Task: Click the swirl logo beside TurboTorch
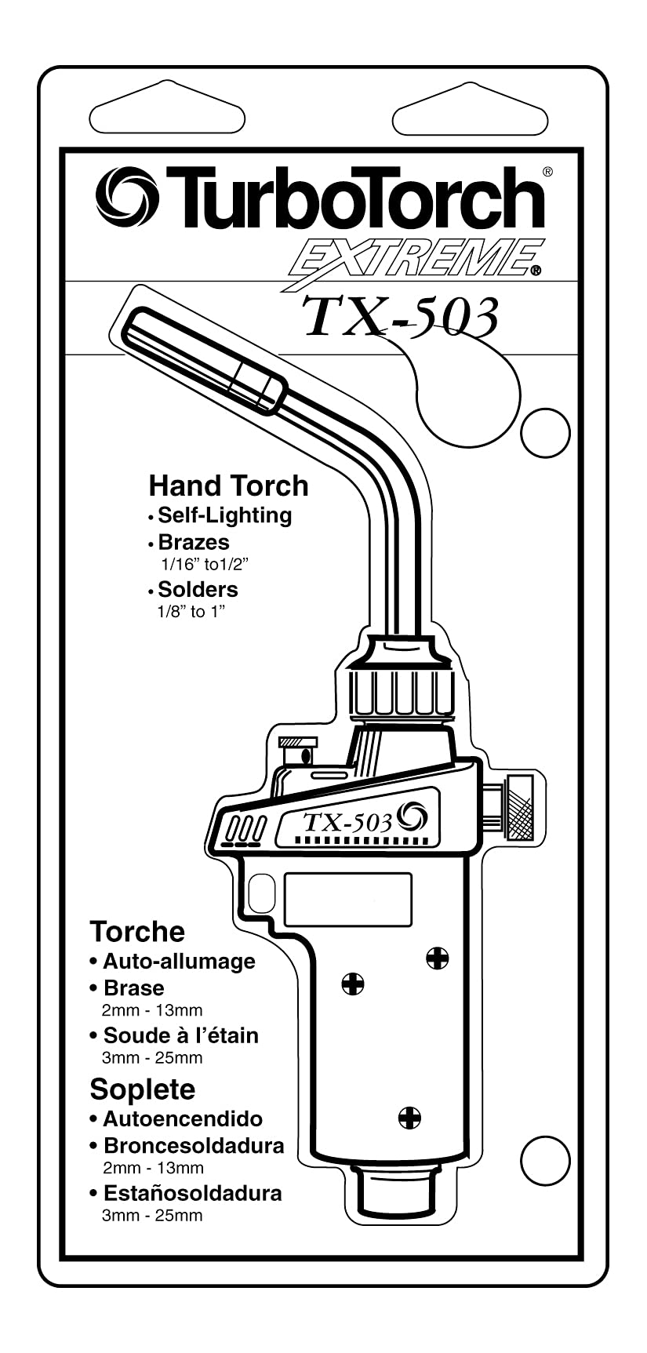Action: coord(127,197)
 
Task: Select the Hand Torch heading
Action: coord(228,486)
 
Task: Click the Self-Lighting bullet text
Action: coord(224,515)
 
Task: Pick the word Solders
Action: coord(198,589)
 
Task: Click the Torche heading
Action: coord(137,932)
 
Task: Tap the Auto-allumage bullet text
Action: coord(179,961)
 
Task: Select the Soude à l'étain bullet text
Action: coord(180,1035)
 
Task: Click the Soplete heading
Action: coord(142,1089)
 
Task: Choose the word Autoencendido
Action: coord(183,1118)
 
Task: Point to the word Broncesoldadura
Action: coord(194,1146)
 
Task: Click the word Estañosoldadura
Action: coord(192,1193)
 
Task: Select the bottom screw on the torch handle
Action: coord(409,1117)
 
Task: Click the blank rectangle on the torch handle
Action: coord(347,900)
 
